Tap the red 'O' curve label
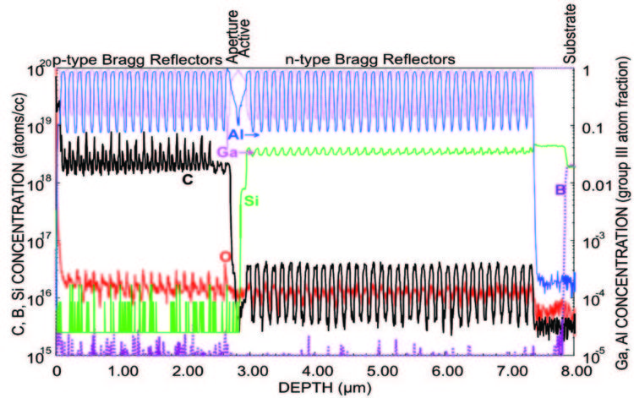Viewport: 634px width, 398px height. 224,255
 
